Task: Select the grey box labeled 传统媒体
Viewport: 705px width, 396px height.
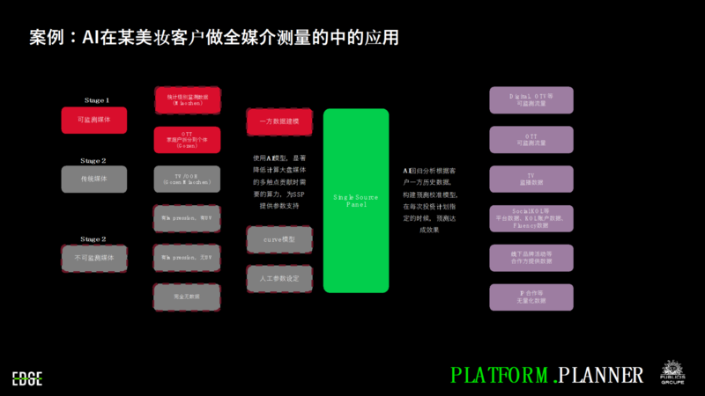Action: click(94, 179)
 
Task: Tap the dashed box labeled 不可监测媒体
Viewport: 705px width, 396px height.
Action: click(94, 258)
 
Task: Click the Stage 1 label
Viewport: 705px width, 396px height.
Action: click(94, 100)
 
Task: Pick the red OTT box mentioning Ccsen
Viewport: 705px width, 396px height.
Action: click(187, 140)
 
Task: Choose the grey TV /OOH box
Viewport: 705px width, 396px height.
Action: click(187, 180)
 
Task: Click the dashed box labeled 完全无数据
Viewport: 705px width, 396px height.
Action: click(187, 297)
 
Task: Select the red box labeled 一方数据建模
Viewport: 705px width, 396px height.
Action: click(279, 121)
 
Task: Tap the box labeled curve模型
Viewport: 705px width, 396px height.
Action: click(279, 239)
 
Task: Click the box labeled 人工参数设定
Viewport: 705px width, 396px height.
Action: click(279, 279)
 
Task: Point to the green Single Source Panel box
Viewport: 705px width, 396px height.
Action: click(356, 201)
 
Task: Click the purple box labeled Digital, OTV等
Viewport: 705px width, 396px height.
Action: click(531, 100)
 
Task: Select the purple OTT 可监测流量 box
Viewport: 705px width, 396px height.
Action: click(531, 140)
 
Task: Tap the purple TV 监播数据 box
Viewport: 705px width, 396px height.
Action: click(531, 180)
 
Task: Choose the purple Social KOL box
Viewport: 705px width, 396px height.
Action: click(531, 218)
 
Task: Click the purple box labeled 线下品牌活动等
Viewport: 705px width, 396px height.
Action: click(531, 258)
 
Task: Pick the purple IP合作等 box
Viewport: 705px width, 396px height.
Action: click(531, 297)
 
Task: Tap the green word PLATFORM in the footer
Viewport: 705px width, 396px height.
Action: click(501, 375)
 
